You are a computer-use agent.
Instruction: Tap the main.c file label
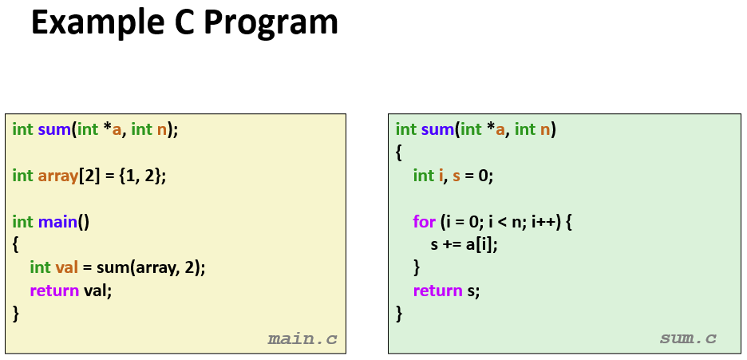(x=302, y=339)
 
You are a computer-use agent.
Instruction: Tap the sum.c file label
(x=688, y=338)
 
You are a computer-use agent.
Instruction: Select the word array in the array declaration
(x=57, y=176)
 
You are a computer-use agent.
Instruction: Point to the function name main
(x=57, y=222)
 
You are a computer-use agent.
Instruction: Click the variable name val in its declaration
(x=66, y=267)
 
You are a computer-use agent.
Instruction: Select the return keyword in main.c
(x=54, y=291)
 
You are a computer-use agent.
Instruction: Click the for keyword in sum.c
(x=424, y=222)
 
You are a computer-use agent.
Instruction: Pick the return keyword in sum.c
(x=437, y=291)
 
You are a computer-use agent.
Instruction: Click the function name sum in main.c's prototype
(x=54, y=129)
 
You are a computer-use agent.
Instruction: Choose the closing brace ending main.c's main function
(x=16, y=314)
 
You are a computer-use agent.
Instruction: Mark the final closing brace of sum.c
(x=399, y=314)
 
